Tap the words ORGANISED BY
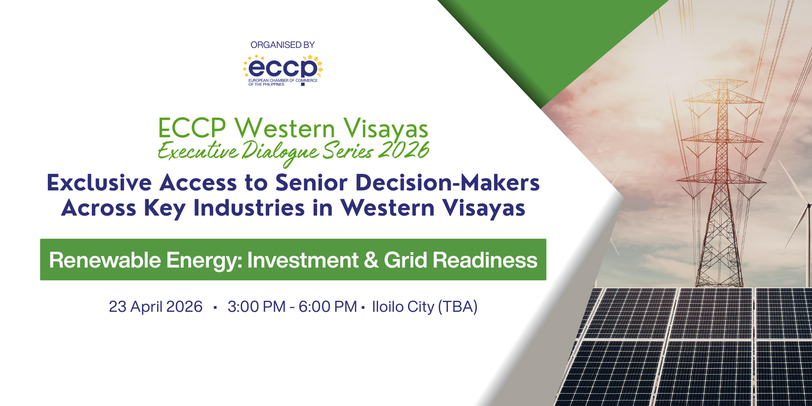283,45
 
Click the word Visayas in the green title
385,129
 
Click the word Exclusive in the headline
99,183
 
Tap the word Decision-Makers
447,183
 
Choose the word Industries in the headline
249,208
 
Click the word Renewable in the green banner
105,260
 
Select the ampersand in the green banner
371,260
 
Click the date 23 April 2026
156,307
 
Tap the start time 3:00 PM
256,307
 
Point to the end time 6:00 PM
328,307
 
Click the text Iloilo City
403,307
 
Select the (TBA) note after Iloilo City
458,307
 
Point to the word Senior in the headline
311,183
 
